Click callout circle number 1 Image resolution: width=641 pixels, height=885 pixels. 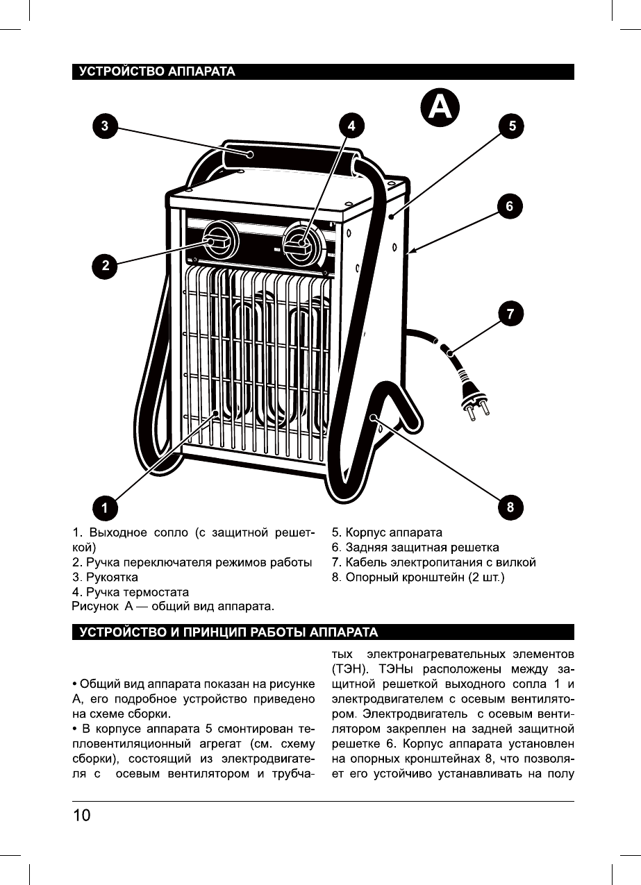tap(105, 507)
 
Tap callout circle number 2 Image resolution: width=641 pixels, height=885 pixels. tap(106, 265)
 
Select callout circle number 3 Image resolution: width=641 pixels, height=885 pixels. tap(105, 126)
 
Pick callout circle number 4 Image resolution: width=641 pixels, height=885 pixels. tap(352, 126)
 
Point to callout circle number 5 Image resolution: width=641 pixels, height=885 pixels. tap(512, 126)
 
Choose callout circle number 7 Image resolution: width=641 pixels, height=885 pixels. tap(510, 314)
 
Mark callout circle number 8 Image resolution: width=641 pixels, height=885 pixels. tap(510, 507)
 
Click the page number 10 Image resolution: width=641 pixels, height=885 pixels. tap(82, 815)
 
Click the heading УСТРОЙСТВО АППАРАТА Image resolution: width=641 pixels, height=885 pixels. tap(157, 71)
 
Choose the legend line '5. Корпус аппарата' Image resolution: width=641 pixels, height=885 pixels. tap(387, 533)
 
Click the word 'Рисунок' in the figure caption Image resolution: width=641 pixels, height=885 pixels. tap(95, 607)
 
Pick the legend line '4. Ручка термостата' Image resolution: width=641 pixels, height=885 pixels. tap(131, 592)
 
